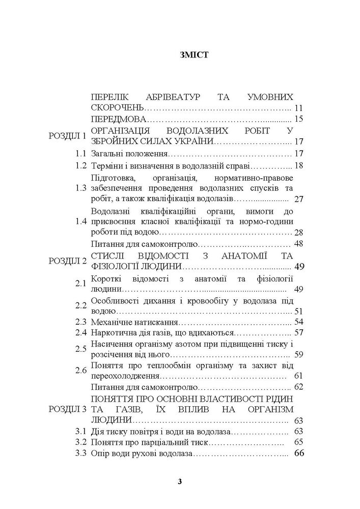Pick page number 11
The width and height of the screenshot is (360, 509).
[299, 108]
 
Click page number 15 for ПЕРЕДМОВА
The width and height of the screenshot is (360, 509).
[299, 120]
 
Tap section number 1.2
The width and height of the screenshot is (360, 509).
[78, 166]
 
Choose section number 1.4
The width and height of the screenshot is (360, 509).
[78, 221]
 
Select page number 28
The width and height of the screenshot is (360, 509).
[299, 232]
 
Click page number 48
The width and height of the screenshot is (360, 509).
[299, 243]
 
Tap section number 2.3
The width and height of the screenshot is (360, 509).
[78, 322]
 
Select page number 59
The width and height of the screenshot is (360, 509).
[299, 355]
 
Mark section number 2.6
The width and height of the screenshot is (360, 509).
[78, 371]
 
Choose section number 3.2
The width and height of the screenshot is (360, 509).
[78, 442]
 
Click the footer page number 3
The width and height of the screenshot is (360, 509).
[180, 482]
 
